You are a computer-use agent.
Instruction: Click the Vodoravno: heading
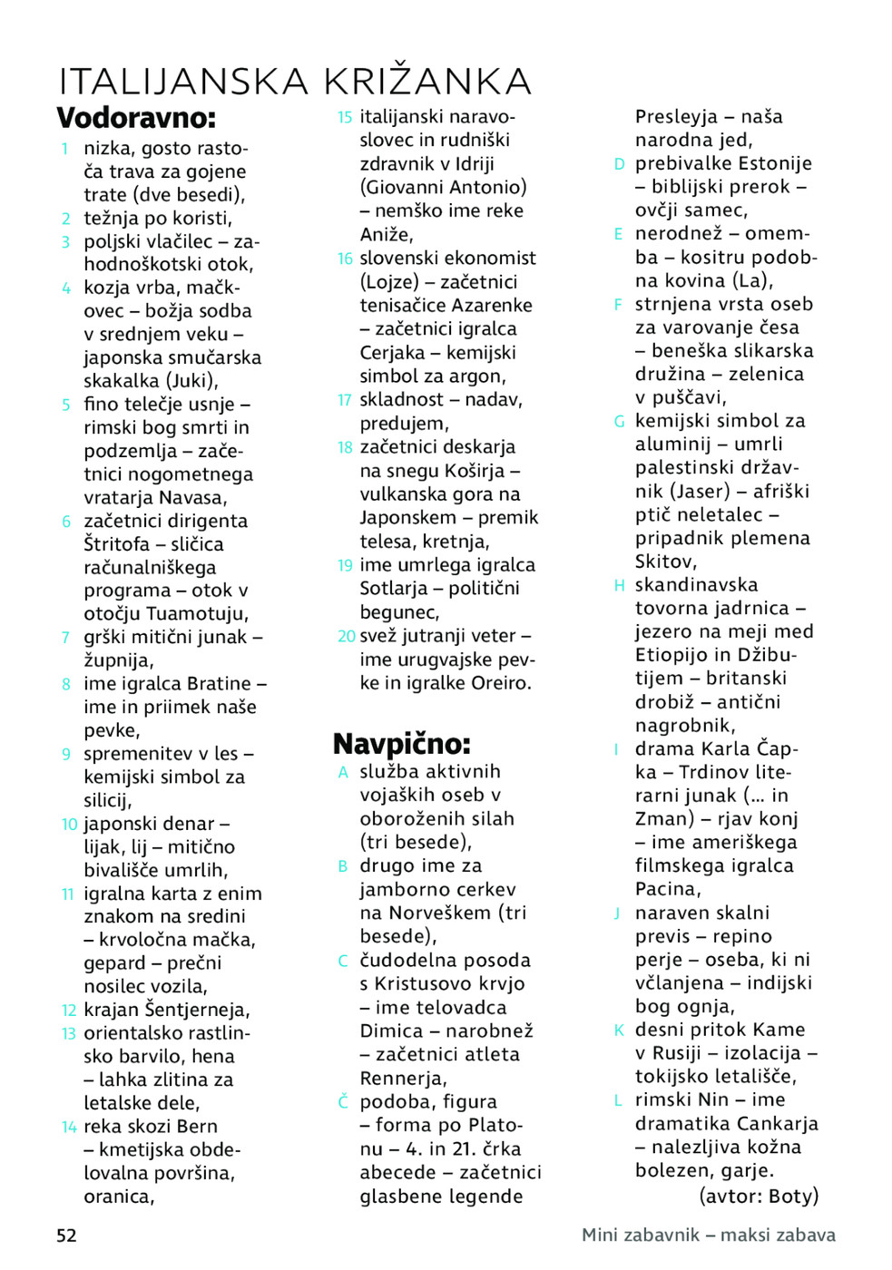click(136, 118)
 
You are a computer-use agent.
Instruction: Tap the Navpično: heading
click(401, 744)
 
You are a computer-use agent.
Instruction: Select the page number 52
click(67, 1236)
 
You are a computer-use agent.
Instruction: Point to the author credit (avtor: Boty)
click(759, 1196)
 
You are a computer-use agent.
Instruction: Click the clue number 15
click(345, 117)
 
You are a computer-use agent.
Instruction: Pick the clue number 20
click(346, 636)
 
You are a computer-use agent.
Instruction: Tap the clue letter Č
click(343, 1102)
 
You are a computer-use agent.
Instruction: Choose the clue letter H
click(619, 585)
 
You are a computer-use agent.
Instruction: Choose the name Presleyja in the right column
click(676, 117)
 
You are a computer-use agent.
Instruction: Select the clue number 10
click(70, 825)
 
